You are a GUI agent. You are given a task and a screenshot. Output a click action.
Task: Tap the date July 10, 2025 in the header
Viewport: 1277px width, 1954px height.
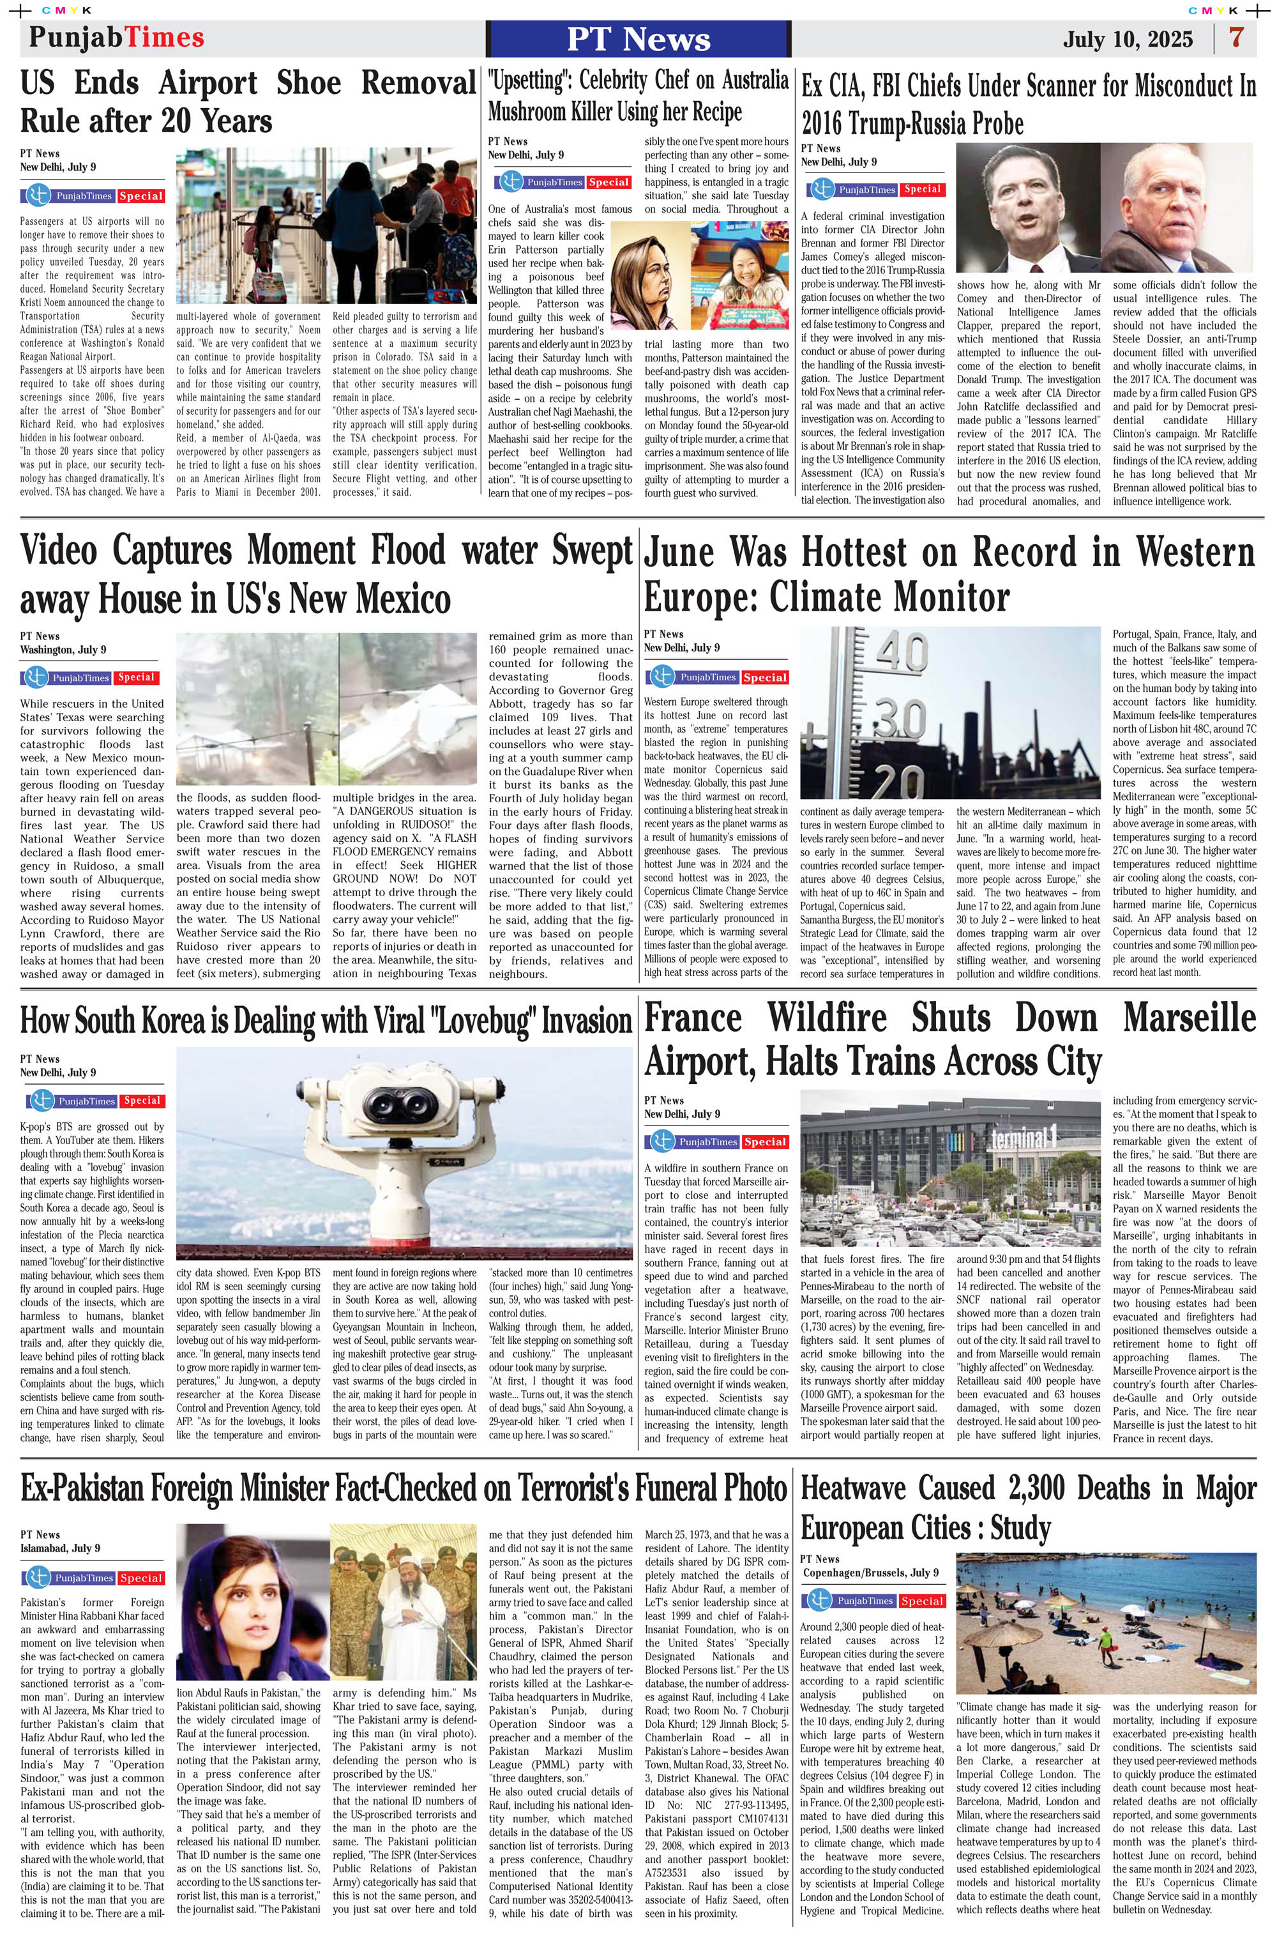click(x=1128, y=40)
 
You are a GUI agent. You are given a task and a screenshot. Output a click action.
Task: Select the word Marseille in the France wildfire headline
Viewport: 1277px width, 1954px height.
click(x=1189, y=1019)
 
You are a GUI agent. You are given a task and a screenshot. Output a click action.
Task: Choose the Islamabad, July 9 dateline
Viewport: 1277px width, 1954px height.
click(x=60, y=1548)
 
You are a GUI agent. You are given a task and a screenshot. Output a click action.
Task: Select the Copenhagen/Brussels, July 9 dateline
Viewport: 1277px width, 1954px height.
click(x=869, y=1572)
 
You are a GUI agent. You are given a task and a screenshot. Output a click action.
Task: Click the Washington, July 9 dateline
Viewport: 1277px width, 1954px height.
click(x=63, y=650)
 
